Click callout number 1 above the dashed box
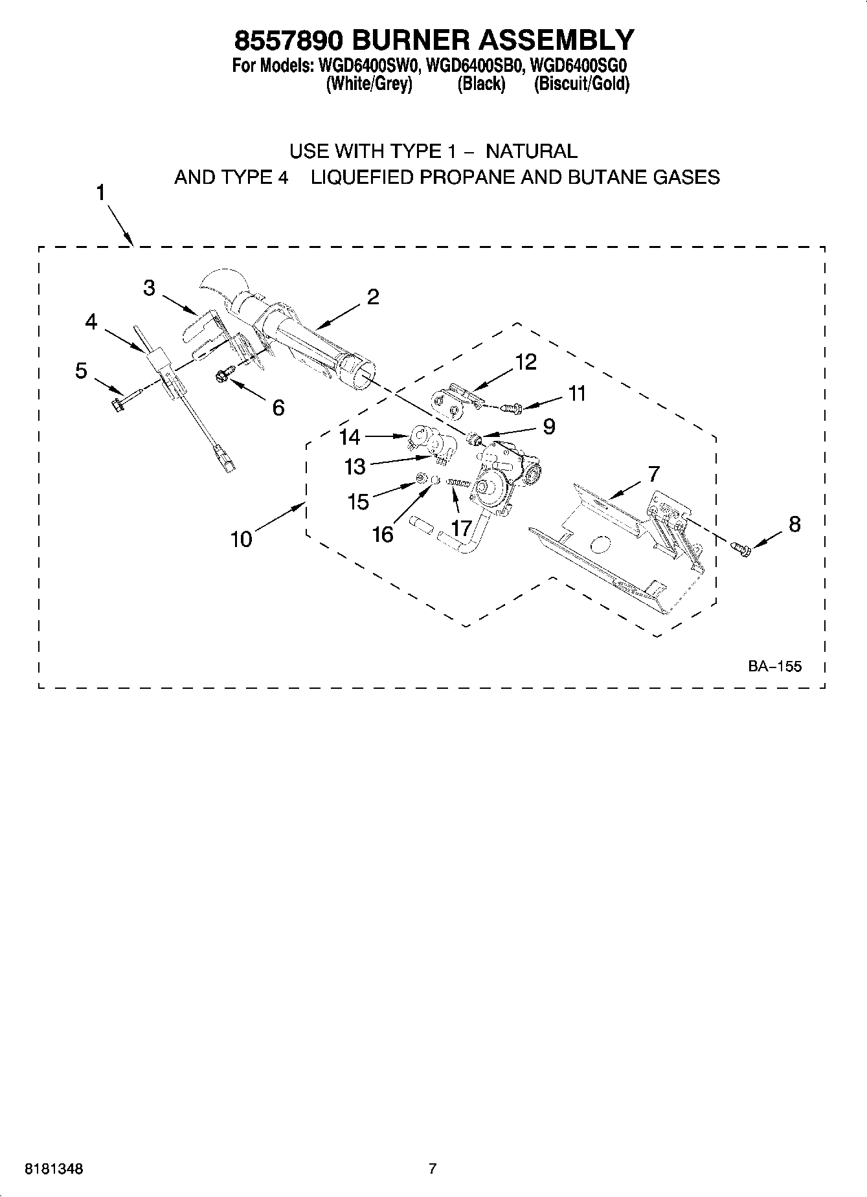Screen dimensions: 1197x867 coord(101,192)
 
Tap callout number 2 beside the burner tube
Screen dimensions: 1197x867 coord(372,296)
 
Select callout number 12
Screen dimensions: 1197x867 coord(526,362)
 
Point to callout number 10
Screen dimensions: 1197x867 coord(241,539)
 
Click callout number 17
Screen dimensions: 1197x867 coord(461,529)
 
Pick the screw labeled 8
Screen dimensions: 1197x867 coord(741,549)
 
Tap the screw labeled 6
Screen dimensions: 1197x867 coord(224,374)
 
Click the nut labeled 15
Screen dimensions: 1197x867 coord(420,478)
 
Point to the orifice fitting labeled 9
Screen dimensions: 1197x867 coord(476,440)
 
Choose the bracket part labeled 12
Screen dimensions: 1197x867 coord(452,401)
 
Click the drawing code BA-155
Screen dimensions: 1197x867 coord(774,666)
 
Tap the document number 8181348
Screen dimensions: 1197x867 coord(54,1169)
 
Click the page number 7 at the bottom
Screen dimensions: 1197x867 coord(433,1169)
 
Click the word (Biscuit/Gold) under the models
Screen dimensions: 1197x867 coord(581,84)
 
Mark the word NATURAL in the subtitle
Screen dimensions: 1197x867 coord(531,151)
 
